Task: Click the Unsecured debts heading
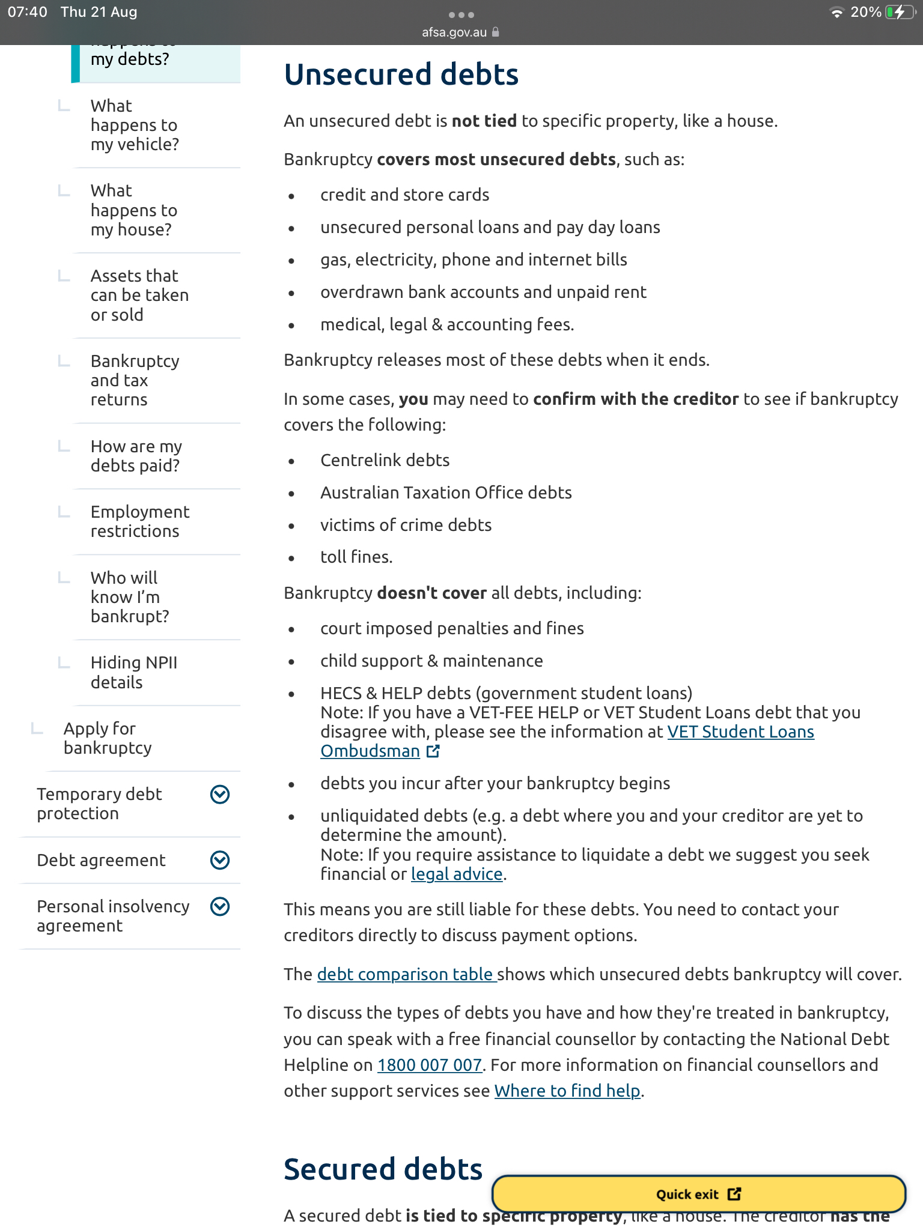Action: coord(401,75)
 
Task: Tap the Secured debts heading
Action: coord(383,1169)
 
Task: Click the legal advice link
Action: coord(456,874)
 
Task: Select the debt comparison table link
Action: coord(406,974)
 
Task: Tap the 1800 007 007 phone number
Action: coord(429,1065)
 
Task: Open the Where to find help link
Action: coord(567,1091)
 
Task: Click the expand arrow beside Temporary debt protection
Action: coord(220,795)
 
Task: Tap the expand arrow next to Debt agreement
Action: coord(220,861)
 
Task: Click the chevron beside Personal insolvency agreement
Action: coord(220,907)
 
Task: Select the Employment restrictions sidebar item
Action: coord(139,521)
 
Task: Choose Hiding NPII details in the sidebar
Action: coord(133,673)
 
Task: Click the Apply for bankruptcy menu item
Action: coord(108,738)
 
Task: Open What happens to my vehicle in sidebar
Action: coord(135,125)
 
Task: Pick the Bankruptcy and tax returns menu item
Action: coord(135,380)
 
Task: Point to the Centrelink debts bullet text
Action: coord(385,461)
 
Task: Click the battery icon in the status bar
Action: coord(899,13)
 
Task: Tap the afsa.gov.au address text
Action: coord(454,32)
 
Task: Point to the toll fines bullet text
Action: coord(356,557)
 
